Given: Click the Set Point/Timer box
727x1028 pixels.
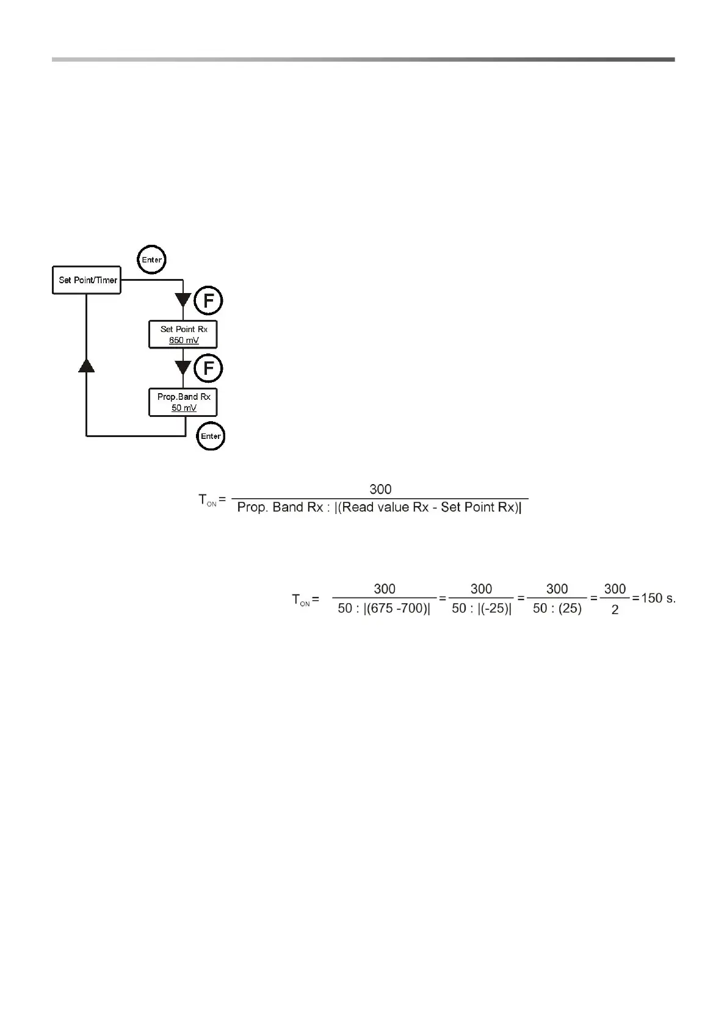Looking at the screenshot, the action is (x=87, y=281).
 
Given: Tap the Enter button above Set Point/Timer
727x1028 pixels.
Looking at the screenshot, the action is (x=151, y=260).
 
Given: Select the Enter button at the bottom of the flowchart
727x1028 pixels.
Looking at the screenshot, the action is (x=211, y=436).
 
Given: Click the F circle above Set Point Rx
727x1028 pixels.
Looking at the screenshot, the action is (x=208, y=301).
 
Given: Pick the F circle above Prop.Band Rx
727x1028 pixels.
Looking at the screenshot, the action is (x=208, y=369).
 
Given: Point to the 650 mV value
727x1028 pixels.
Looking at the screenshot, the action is (x=184, y=340).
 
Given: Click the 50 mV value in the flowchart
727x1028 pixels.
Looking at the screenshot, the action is (x=184, y=408).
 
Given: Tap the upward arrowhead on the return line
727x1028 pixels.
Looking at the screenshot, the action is (x=87, y=365).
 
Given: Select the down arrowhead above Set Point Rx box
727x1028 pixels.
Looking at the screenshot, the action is (x=183, y=300).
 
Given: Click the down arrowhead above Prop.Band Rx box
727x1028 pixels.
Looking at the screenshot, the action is (x=183, y=368).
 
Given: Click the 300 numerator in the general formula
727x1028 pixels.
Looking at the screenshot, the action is (x=380, y=490).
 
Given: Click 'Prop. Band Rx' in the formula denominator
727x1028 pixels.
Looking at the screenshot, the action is (x=280, y=508).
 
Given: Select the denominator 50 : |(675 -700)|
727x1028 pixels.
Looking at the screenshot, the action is (x=384, y=609).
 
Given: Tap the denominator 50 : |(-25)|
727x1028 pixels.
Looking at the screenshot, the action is (x=481, y=609).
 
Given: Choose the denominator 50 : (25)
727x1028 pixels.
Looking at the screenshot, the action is (x=557, y=609).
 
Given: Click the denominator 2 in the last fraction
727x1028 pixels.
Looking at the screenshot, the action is (x=615, y=609).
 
